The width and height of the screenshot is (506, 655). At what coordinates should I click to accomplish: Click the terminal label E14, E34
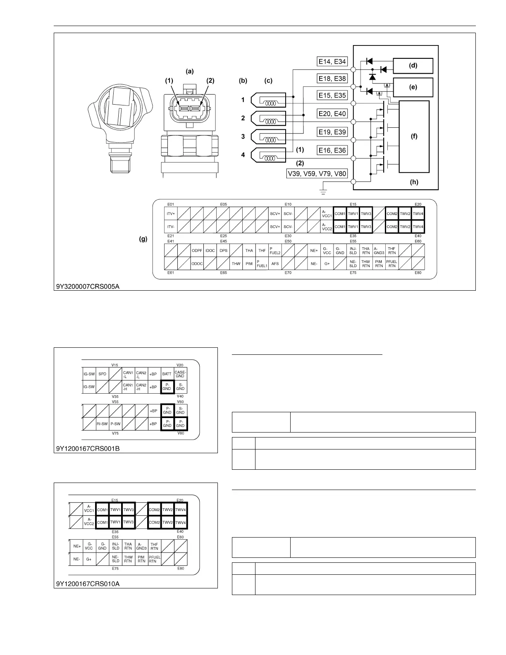(x=332, y=62)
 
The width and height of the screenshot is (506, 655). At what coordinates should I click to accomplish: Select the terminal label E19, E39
(x=332, y=132)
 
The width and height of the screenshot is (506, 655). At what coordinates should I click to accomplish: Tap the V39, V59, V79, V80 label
(x=317, y=174)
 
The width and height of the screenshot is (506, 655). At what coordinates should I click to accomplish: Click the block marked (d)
(x=413, y=66)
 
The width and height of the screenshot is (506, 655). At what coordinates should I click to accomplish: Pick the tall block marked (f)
(x=414, y=136)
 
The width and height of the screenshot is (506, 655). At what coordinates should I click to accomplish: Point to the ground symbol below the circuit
(x=324, y=192)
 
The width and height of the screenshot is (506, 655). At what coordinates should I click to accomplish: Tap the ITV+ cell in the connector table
(x=171, y=214)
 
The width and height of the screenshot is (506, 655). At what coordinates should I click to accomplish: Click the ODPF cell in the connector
(x=197, y=251)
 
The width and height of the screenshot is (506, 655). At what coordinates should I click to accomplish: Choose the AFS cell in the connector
(x=275, y=263)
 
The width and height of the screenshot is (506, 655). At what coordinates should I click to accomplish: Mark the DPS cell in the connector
(x=223, y=251)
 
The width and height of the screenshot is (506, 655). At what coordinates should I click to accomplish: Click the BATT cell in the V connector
(x=167, y=374)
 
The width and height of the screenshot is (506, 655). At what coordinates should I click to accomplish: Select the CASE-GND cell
(x=180, y=374)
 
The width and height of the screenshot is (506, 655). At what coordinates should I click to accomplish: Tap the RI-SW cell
(x=102, y=424)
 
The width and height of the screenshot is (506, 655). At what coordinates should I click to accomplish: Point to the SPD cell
(x=102, y=374)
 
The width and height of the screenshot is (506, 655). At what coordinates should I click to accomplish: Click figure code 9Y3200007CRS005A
(x=88, y=286)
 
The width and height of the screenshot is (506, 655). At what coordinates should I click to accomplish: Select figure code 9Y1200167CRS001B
(x=88, y=448)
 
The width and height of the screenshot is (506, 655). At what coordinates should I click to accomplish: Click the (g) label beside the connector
(x=143, y=239)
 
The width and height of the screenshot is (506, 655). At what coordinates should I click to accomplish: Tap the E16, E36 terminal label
(x=332, y=151)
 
